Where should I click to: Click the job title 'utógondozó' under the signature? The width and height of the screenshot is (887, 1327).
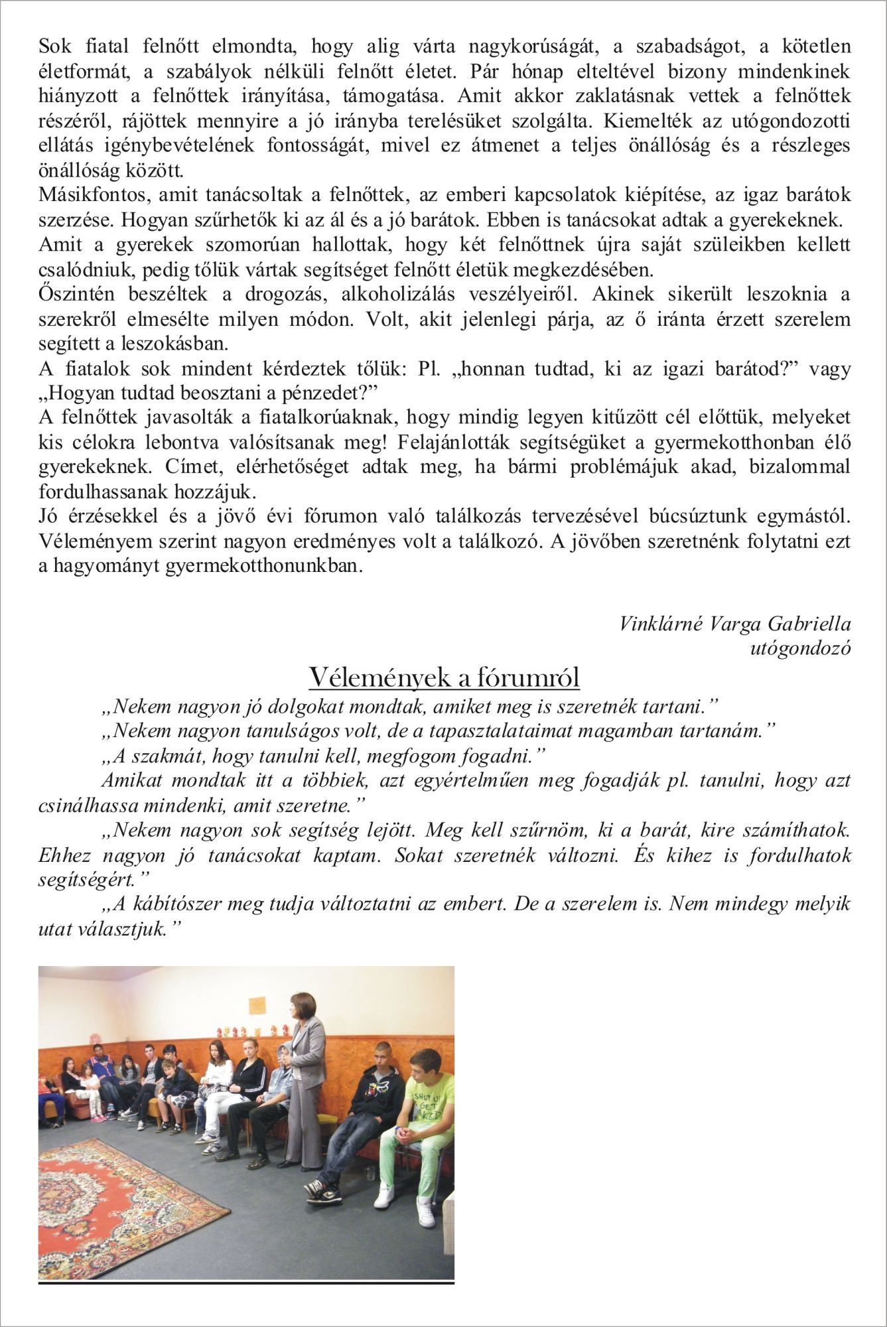coord(800,648)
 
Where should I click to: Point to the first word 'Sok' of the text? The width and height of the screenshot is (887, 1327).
coord(56,46)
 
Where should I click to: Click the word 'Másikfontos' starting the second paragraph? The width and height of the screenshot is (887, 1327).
coord(92,196)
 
